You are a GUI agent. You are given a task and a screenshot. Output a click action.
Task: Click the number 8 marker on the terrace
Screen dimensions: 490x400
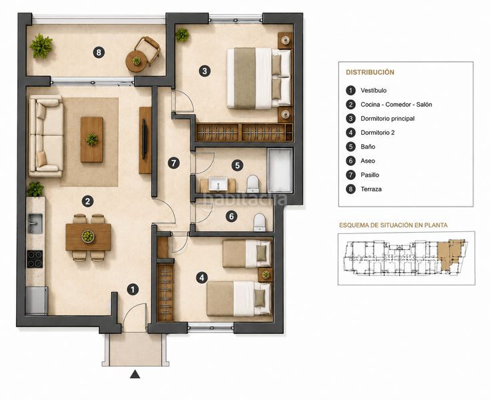[99, 52]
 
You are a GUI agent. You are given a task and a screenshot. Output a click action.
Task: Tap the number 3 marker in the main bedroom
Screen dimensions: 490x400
[204, 71]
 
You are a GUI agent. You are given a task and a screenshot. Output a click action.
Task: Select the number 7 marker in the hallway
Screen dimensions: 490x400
[174, 163]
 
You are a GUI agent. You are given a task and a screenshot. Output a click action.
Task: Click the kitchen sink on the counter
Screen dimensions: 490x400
[35, 223]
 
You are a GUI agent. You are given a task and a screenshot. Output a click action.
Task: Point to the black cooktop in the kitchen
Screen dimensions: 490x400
[35, 259]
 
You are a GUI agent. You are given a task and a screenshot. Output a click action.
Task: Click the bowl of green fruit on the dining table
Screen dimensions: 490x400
[88, 237]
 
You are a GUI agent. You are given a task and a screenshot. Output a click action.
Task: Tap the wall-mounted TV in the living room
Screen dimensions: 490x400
[144, 139]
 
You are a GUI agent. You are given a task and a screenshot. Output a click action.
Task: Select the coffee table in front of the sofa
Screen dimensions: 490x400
[91, 139]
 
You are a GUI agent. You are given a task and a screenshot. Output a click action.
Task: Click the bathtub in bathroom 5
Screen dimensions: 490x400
[280, 171]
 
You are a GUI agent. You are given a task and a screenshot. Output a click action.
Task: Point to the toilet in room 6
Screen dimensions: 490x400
[260, 222]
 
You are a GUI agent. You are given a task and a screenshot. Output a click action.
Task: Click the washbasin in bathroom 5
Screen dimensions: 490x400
[218, 184]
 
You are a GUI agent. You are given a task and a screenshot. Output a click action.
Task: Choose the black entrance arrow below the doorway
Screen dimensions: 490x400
[135, 374]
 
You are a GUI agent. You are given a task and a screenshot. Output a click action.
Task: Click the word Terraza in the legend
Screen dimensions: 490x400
[371, 189]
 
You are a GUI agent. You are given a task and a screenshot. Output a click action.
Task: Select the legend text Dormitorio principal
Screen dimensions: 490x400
[387, 119]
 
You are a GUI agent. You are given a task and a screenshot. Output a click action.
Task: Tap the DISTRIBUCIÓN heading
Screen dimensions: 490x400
[370, 73]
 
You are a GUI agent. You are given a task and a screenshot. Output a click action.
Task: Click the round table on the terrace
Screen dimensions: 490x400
[136, 61]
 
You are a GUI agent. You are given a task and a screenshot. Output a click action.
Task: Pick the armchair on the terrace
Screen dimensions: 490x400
[148, 49]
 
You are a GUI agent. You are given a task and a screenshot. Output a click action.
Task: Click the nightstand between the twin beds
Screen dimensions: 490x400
[265, 275]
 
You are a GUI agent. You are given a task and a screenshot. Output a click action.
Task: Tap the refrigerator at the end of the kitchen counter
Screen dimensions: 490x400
[37, 301]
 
